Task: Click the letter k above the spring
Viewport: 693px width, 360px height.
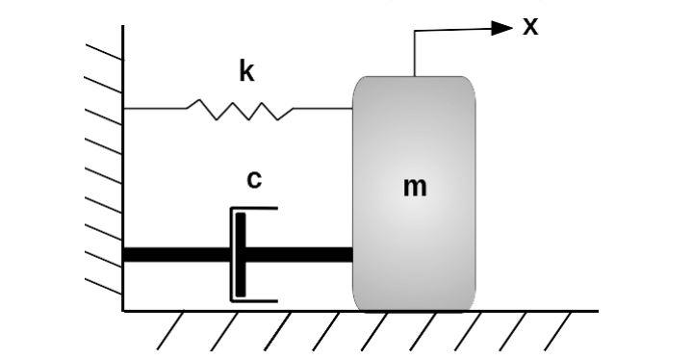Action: click(246, 71)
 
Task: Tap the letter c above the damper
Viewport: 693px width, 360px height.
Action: click(254, 179)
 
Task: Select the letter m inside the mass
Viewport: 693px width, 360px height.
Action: click(414, 187)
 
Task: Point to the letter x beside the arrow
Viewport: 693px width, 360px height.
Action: click(530, 26)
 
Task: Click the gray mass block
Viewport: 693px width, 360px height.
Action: click(414, 241)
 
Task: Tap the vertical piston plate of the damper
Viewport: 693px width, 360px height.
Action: click(240, 254)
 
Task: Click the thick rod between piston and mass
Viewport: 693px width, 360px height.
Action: click(298, 255)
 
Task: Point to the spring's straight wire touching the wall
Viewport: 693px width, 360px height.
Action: click(154, 109)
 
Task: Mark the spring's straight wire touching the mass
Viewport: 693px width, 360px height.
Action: click(322, 109)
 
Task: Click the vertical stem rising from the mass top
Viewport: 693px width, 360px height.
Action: click(415, 53)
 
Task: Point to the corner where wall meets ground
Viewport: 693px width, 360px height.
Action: click(123, 311)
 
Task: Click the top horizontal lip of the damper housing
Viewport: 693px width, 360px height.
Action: click(255, 208)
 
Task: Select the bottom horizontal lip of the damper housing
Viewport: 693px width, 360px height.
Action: click(255, 300)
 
